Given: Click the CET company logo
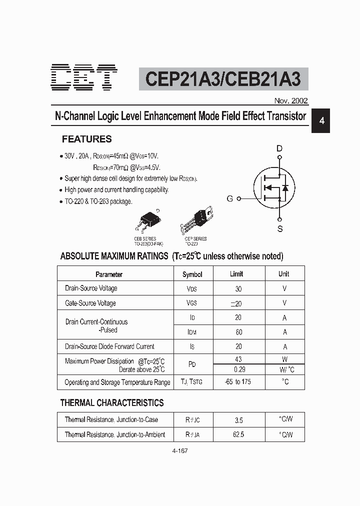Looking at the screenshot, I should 84,77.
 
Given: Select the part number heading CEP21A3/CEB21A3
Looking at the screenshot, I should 223,79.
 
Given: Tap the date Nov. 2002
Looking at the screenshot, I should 291,100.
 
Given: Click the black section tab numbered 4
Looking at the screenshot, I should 322,121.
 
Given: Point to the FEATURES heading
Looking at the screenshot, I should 86,139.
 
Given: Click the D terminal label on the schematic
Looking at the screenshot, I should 279,148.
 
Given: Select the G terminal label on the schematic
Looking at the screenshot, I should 230,198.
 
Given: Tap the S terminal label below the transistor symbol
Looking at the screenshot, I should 280,229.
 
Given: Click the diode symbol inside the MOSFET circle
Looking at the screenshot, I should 285,188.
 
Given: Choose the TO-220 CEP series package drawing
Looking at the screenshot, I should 199,218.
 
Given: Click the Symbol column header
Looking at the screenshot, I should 192,274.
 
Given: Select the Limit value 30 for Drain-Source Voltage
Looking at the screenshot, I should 238,288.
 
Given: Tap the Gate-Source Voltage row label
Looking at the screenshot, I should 90,303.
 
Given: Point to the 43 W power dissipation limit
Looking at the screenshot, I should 238,359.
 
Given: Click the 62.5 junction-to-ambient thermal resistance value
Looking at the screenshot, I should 238,434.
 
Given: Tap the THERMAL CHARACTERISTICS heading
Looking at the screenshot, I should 112,402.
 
